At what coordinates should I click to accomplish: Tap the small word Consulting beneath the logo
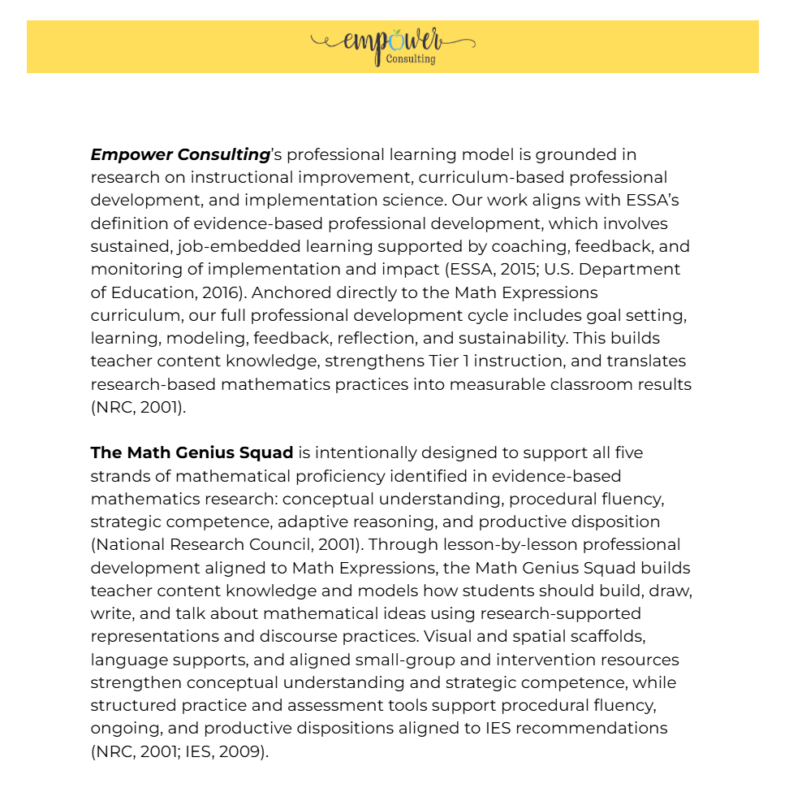[411, 59]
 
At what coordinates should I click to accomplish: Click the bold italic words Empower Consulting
[180, 154]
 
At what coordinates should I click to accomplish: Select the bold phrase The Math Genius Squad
[192, 452]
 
